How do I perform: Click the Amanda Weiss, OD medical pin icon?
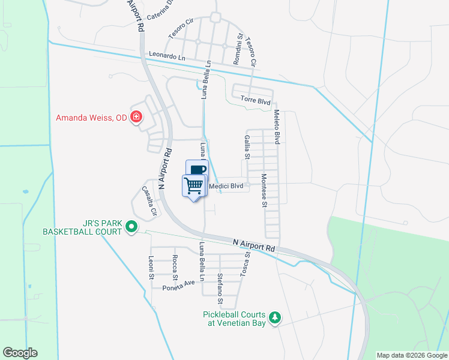(136, 116)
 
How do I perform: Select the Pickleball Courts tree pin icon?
(275, 317)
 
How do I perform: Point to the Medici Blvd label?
(229, 187)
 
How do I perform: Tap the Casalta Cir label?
(149, 200)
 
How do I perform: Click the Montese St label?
(264, 190)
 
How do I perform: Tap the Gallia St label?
(247, 148)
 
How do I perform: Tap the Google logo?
(20, 353)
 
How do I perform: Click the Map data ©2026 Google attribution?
(412, 355)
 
